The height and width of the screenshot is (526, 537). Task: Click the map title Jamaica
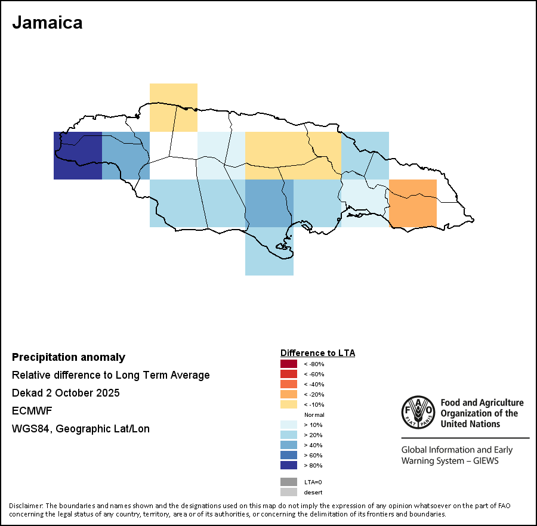tap(47, 23)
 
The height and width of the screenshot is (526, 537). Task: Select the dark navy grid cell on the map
tap(78, 156)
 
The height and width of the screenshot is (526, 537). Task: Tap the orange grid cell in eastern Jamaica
tap(412, 203)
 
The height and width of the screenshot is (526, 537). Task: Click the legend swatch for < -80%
tap(288, 364)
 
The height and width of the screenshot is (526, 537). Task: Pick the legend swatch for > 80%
tap(288, 465)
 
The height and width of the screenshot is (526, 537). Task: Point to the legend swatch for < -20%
tap(288, 394)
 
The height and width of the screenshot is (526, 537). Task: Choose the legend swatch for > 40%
tap(288, 445)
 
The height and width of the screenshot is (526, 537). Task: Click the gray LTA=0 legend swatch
tap(288, 482)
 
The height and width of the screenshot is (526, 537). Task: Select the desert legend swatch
tap(288, 492)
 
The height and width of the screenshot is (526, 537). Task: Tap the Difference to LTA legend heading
tap(317, 353)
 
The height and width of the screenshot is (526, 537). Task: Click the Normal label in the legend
tap(314, 414)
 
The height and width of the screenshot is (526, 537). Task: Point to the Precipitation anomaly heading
tap(69, 357)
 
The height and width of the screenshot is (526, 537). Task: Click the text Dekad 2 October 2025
tap(66, 393)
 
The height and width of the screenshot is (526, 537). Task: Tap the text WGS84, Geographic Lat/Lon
tap(81, 429)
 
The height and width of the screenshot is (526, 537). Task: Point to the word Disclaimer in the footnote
tap(26, 506)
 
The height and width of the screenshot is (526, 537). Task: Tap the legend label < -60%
tap(314, 374)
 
